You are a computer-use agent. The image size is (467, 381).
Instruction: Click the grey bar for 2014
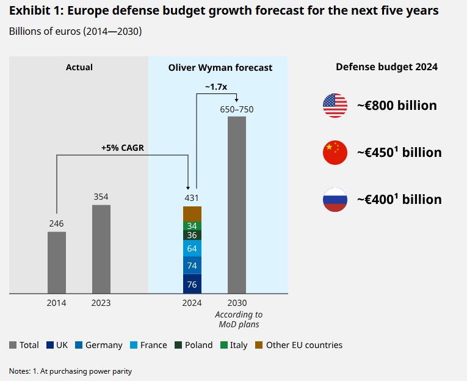(x=57, y=263)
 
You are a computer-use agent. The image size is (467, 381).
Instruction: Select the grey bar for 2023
(x=101, y=249)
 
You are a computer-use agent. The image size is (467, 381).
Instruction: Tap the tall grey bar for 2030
(x=237, y=205)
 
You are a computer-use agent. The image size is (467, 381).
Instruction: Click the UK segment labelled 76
(x=192, y=284)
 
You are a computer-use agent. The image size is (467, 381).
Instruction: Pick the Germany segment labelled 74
(x=192, y=266)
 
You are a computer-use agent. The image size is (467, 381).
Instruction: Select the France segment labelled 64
(x=192, y=249)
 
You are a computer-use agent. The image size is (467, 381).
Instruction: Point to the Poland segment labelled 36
(x=192, y=235)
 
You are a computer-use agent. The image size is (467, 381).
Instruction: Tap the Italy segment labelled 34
(x=192, y=226)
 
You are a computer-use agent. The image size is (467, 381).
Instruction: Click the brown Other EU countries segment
(x=192, y=214)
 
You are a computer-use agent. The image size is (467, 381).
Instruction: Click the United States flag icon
(x=335, y=106)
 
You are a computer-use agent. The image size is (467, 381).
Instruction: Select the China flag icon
(x=335, y=152)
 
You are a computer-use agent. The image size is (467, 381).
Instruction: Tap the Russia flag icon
(x=335, y=199)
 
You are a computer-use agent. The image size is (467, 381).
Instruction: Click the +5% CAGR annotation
(x=123, y=147)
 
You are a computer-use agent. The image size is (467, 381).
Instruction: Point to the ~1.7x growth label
(x=215, y=87)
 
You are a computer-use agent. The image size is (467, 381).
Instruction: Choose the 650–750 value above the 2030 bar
(x=237, y=109)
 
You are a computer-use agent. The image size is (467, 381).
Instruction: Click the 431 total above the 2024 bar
(x=192, y=198)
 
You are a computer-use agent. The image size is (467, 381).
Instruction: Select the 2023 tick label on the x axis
(x=101, y=303)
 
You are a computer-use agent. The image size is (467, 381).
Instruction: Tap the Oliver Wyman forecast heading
(x=220, y=67)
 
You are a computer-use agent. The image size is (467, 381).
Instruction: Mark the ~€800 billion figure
(x=397, y=106)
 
